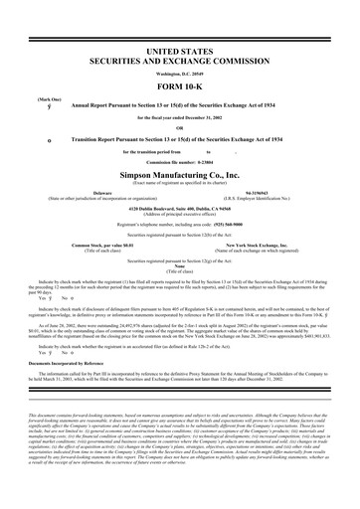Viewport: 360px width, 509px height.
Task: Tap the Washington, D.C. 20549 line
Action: [180, 75]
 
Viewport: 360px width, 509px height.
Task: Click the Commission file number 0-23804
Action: [180, 162]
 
